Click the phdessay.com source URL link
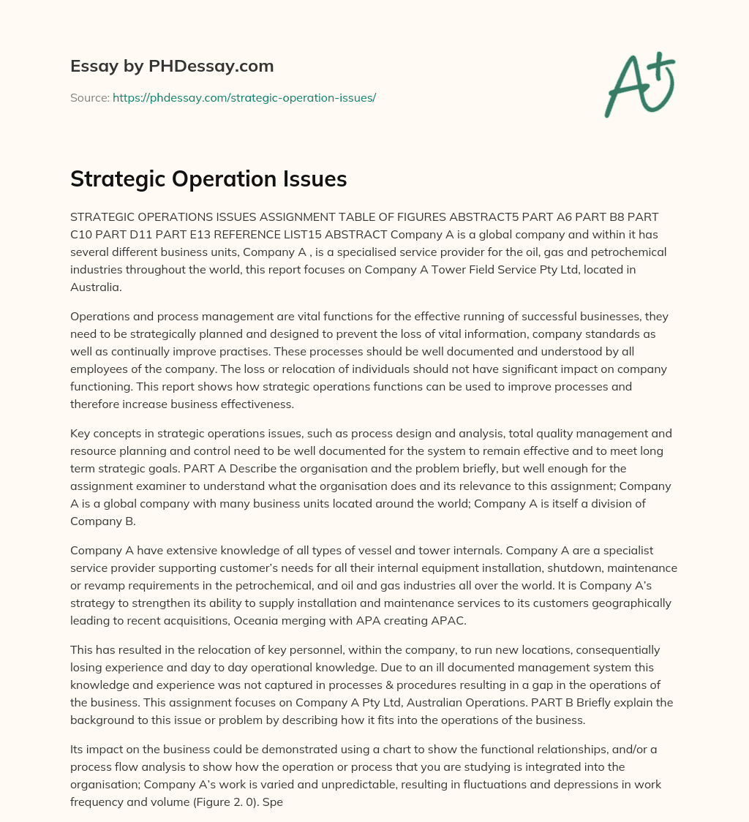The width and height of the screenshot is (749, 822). coord(244,97)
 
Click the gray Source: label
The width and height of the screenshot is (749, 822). coord(90,97)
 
